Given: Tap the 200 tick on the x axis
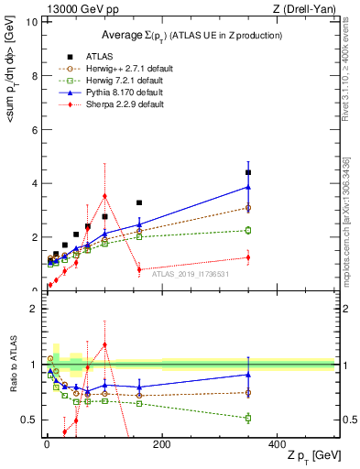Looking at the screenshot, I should click(x=161, y=444).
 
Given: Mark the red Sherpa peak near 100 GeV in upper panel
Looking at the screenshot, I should click(x=104, y=195).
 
